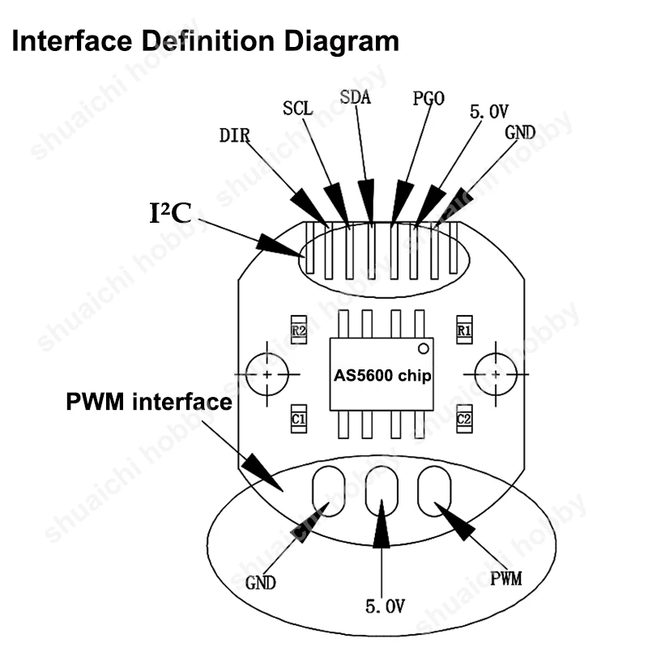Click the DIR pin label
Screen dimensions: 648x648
tap(235, 135)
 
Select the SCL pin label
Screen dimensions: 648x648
tap(297, 109)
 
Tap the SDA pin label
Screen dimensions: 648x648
tap(356, 97)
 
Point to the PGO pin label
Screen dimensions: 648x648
tap(428, 98)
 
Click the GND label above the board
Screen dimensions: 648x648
tap(520, 133)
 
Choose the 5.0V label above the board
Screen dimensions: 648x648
tap(489, 112)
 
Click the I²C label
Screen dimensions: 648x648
tap(170, 213)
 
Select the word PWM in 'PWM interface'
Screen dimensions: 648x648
tap(95, 401)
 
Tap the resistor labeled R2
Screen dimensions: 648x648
tap(299, 330)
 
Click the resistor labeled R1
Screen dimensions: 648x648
tap(464, 330)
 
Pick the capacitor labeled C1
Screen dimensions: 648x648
tap(299, 419)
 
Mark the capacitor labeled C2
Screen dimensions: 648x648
tap(464, 419)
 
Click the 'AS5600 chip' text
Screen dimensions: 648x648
tap(382, 376)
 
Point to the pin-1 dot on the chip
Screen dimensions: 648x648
tap(423, 349)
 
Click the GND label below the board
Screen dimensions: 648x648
tap(260, 583)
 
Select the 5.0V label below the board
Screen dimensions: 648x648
tap(385, 606)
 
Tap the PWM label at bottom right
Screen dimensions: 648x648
tap(505, 578)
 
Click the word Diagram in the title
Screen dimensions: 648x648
tap(342, 42)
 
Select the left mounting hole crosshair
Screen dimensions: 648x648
tap(267, 374)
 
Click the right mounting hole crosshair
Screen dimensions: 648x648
tap(496, 374)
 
